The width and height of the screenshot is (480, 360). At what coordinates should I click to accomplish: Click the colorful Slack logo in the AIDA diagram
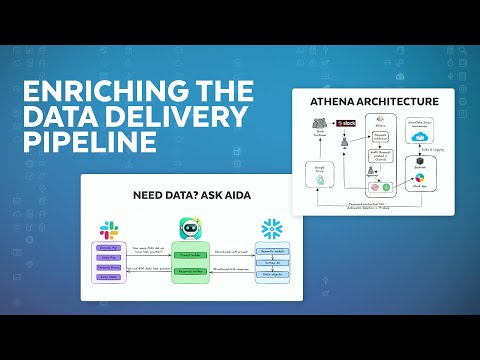coord(109,230)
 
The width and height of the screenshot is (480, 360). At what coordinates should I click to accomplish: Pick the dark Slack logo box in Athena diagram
coord(347,123)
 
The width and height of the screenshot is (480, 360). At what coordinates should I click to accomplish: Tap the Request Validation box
coord(382,135)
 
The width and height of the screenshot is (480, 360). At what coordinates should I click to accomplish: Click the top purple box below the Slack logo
coord(109,247)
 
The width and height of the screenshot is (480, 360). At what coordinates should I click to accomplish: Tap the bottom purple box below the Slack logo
coord(109,278)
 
